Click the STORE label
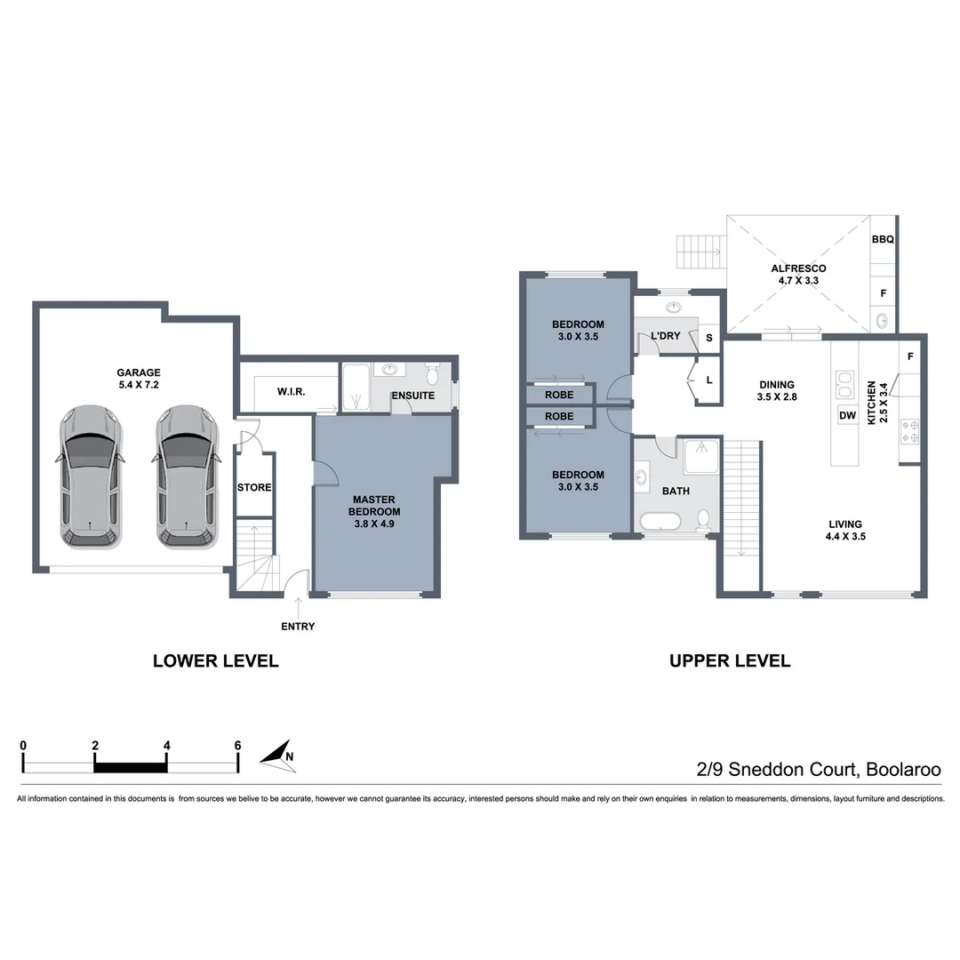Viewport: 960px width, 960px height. tap(254, 487)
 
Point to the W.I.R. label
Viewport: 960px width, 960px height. tap(292, 392)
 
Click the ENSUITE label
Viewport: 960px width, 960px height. tap(412, 396)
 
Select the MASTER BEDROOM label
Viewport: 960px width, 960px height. tap(373, 511)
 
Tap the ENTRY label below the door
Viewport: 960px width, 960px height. tap(298, 627)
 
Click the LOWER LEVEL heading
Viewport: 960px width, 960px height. tap(216, 660)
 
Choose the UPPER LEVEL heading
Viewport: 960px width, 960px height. tap(730, 660)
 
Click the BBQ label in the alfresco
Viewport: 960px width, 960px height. tap(883, 239)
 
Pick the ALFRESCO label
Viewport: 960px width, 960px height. tap(798, 274)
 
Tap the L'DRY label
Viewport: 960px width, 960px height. tap(665, 336)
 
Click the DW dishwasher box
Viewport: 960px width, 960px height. tap(847, 415)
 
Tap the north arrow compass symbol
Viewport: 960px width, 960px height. tap(278, 755)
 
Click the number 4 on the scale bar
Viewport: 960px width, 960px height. tap(166, 745)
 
